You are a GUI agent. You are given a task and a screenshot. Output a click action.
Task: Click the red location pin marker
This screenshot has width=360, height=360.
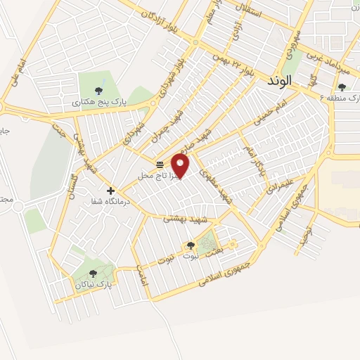[181, 166]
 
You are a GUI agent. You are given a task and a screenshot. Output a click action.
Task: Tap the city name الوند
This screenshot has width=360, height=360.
[280, 82]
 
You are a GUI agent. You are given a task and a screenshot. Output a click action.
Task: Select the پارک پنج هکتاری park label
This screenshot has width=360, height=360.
[101, 103]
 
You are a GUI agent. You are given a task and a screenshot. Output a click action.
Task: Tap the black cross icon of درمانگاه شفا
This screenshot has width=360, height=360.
[110, 190]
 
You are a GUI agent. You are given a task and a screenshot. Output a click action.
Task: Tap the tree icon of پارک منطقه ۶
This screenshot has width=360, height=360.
[342, 87]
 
